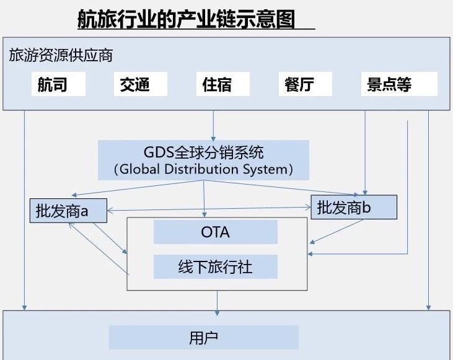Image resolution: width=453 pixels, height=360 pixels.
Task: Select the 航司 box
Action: [x=59, y=84]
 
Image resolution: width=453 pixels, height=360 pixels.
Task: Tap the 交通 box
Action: [x=140, y=84]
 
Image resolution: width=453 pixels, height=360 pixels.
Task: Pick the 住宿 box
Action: [x=226, y=84]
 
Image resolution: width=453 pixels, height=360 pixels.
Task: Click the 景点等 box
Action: [x=398, y=84]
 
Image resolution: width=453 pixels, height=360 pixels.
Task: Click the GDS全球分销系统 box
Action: [x=203, y=152]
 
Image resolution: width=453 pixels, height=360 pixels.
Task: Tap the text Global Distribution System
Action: [x=203, y=169]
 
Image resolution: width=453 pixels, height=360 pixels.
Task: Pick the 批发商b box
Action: [x=353, y=208]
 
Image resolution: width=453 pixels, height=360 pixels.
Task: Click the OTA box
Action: [x=215, y=232]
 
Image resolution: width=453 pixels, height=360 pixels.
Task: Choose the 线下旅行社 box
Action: [x=215, y=267]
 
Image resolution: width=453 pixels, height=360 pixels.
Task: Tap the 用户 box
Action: [x=203, y=338]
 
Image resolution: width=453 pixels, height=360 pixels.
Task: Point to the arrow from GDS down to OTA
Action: [x=204, y=198]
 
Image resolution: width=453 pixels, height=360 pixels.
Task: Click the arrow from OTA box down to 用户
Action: [x=217, y=300]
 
